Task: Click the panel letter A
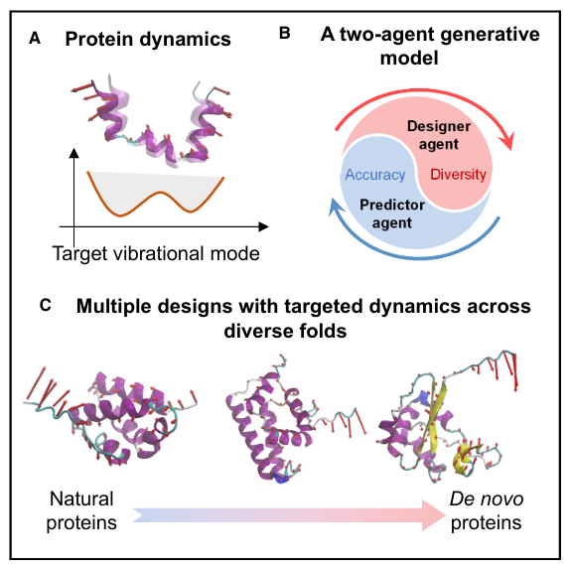35,38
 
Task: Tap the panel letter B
284,33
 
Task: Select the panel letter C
45,305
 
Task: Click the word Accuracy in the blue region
375,175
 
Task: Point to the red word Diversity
458,175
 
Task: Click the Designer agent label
439,135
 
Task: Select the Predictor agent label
392,214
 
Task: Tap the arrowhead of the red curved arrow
507,140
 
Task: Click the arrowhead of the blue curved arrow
336,207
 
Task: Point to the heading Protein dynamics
148,39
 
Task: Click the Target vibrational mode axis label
156,253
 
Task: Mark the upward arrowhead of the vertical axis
73,153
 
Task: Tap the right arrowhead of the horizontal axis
263,226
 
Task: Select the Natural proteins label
81,510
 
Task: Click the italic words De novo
487,499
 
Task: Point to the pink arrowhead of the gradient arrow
433,515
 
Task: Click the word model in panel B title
409,59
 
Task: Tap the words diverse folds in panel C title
285,331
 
